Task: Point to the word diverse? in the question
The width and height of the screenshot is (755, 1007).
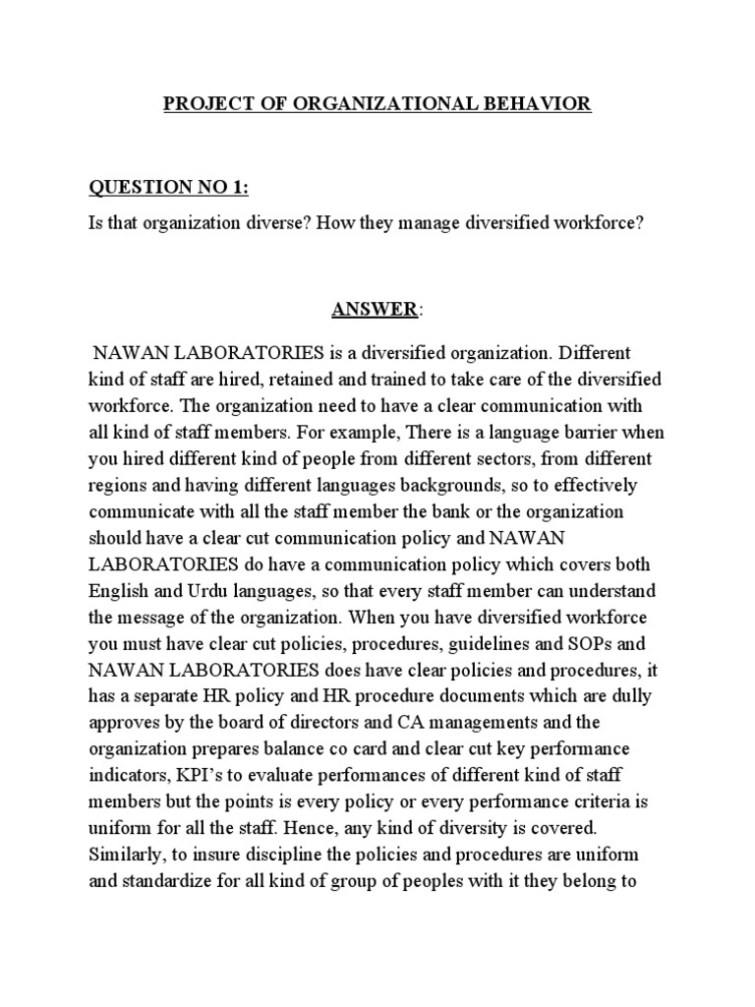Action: [x=276, y=223]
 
